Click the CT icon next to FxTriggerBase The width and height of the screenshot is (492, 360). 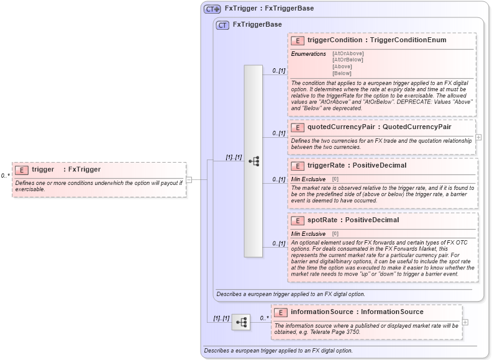(x=222, y=25)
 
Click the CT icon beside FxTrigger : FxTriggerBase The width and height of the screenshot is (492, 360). (x=212, y=9)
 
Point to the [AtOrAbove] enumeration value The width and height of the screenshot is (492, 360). (x=348, y=54)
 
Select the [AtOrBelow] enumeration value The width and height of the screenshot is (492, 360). (x=348, y=60)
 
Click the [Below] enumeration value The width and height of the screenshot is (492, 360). (x=342, y=73)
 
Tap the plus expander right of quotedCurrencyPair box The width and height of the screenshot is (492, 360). (x=478, y=137)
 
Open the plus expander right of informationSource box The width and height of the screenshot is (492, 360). (x=465, y=322)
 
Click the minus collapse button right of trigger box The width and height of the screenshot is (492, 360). (x=189, y=180)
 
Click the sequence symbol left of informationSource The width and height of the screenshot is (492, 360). (x=240, y=322)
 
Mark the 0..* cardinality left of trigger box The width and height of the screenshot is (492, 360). (x=6, y=176)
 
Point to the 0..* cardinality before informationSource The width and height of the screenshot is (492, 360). (x=263, y=318)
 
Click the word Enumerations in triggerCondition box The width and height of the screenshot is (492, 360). (x=309, y=54)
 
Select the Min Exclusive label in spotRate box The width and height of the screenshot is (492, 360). (x=309, y=233)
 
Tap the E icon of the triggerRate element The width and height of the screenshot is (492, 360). (x=298, y=166)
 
